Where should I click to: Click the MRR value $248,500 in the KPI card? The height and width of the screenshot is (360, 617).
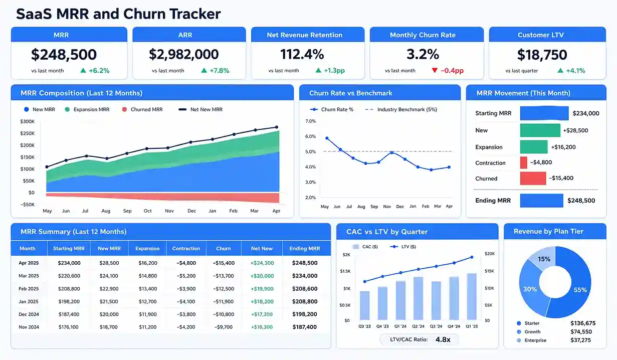tap(64, 55)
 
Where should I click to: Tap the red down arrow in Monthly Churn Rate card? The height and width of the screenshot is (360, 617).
tap(434, 71)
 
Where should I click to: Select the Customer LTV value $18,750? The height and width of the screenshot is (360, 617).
tap(542, 55)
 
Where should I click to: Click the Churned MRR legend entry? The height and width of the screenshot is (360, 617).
tap(143, 109)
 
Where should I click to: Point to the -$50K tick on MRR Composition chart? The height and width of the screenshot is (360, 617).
tap(28, 205)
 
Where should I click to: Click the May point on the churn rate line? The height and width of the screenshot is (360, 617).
tap(327, 138)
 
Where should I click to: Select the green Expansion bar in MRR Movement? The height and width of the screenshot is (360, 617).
tap(533, 147)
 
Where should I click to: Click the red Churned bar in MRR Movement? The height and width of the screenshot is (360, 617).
tap(532, 178)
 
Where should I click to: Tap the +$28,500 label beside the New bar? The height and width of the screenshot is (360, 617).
tap(575, 130)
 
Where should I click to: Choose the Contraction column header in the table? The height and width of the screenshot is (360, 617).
tap(186, 249)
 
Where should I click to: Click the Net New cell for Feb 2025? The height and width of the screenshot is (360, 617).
tap(262, 289)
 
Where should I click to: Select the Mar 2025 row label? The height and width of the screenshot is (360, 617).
tap(29, 276)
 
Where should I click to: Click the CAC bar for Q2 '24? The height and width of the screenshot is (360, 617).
tap(418, 299)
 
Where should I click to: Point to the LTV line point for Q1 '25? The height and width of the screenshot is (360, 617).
tap(472, 258)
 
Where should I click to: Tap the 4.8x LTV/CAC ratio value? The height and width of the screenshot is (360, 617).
tap(443, 339)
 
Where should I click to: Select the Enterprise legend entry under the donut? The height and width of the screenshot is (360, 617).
tap(535, 340)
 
